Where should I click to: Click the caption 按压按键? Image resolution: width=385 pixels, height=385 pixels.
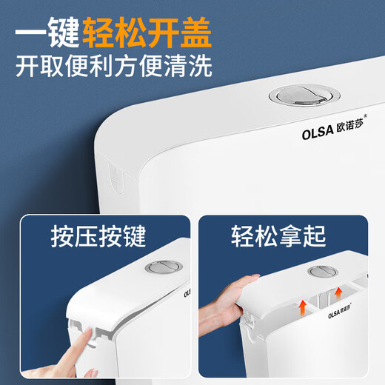click(x=98, y=238)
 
